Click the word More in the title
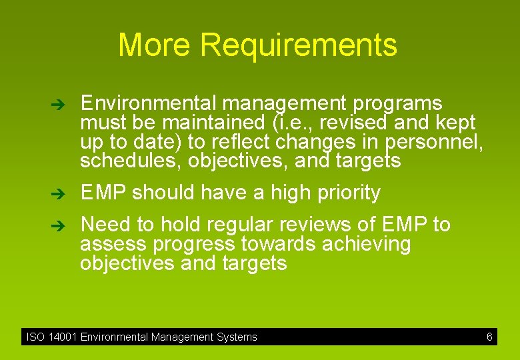[x=155, y=45]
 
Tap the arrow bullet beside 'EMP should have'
[x=58, y=194]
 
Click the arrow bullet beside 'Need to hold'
[x=58, y=226]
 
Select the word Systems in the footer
[x=237, y=337]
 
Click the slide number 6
[x=489, y=337]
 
